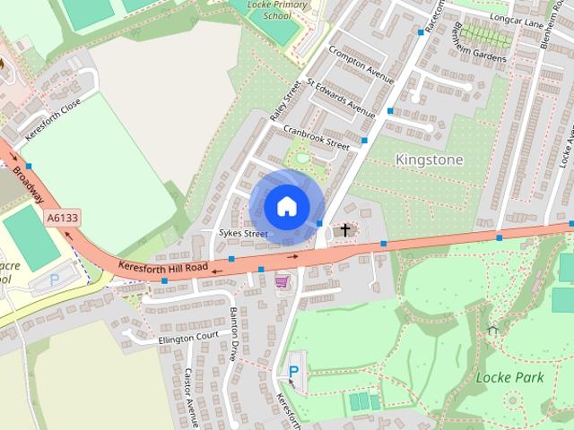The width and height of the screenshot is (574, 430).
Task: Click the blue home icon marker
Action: click(x=286, y=207)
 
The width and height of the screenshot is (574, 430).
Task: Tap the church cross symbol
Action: click(x=344, y=231)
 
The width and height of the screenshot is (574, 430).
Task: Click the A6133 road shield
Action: click(x=61, y=218)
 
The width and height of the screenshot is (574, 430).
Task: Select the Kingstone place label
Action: click(x=429, y=159)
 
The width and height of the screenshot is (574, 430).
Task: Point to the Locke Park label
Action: click(x=509, y=377)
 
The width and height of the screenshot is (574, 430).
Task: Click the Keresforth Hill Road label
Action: click(x=162, y=267)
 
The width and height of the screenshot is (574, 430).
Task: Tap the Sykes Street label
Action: click(x=243, y=234)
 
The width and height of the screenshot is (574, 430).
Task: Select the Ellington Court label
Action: click(x=188, y=339)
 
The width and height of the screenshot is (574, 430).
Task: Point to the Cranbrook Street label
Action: click(x=316, y=136)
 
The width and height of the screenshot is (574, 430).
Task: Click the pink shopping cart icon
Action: click(x=282, y=281)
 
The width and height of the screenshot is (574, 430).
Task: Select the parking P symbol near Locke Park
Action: click(x=293, y=372)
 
